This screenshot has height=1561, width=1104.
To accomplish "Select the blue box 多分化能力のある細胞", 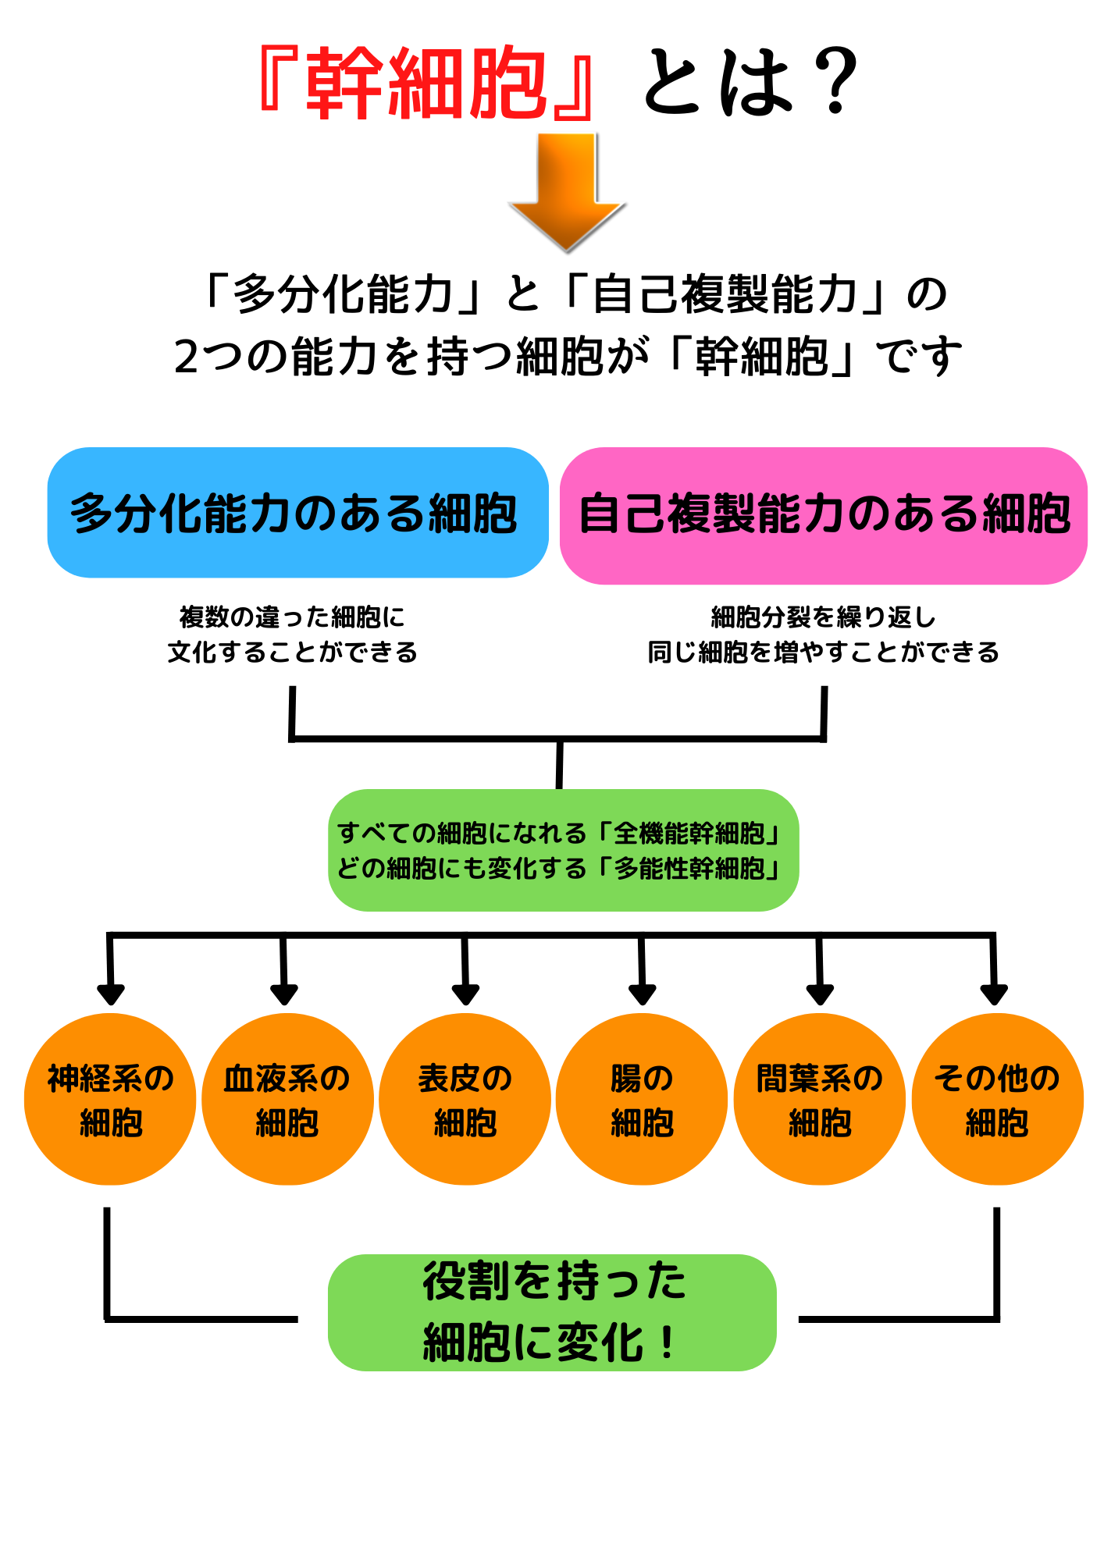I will pyautogui.click(x=297, y=513).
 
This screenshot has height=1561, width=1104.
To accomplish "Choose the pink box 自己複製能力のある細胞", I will pyautogui.click(x=823, y=515).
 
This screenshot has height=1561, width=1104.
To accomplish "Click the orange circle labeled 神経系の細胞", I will pyautogui.click(x=110, y=1099).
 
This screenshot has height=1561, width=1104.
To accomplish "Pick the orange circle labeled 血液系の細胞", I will pyautogui.click(x=287, y=1099).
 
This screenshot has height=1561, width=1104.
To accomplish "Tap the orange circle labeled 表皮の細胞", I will pyautogui.click(x=465, y=1099).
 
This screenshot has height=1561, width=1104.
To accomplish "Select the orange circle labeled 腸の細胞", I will pyautogui.click(x=642, y=1099).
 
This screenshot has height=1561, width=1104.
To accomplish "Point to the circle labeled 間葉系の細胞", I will pyautogui.click(x=819, y=1099).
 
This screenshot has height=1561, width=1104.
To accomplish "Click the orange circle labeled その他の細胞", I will pyautogui.click(x=997, y=1099).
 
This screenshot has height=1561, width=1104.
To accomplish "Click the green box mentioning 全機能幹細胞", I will pyautogui.click(x=563, y=850).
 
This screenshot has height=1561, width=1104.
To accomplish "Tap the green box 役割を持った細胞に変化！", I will pyautogui.click(x=552, y=1313).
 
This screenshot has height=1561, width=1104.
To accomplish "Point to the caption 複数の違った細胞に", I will pyautogui.click(x=292, y=617).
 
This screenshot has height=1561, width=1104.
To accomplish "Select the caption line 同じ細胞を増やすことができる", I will pyautogui.click(x=823, y=652).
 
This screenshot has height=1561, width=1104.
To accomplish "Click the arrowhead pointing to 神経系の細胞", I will pyautogui.click(x=111, y=994).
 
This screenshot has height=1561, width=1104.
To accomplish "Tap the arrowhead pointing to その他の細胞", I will pyautogui.click(x=994, y=994).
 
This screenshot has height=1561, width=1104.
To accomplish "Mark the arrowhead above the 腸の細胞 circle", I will pyautogui.click(x=642, y=994).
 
